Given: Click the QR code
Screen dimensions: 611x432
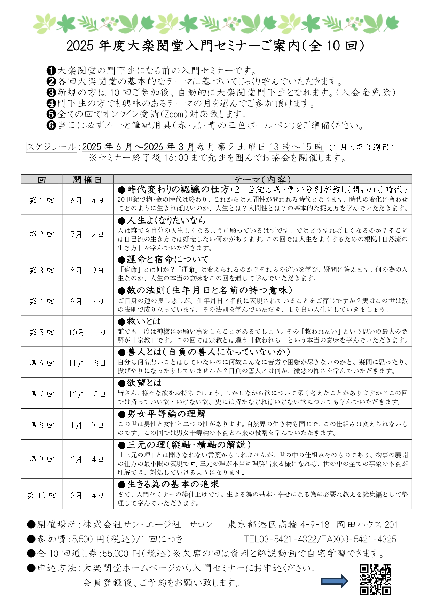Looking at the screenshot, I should (375, 580).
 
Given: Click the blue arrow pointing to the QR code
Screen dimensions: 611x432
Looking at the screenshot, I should (334, 581).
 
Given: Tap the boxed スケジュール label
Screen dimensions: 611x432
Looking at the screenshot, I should (51, 147).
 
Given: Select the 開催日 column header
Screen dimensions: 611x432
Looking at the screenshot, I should (87, 180).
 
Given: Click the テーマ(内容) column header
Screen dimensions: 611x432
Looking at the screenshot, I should (262, 180).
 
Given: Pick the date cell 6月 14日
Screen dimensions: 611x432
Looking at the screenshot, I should (87, 201).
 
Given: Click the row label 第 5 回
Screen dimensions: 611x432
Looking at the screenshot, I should (41, 332).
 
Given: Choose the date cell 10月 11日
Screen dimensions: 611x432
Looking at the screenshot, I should (87, 332).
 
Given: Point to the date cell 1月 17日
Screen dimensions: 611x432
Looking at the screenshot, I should (87, 425).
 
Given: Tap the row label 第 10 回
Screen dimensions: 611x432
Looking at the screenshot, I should (41, 495).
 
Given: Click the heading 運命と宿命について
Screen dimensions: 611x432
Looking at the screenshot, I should (167, 259).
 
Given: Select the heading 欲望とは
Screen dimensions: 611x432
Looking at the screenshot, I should (144, 383).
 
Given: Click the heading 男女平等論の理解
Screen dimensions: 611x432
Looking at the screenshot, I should (166, 414).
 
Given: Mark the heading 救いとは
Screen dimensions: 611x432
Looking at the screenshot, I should (143, 321).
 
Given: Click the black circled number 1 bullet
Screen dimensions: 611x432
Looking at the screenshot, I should (51, 71).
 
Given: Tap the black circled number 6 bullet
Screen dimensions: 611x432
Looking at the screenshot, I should (51, 125).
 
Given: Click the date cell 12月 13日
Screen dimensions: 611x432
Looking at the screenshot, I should (87, 394).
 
